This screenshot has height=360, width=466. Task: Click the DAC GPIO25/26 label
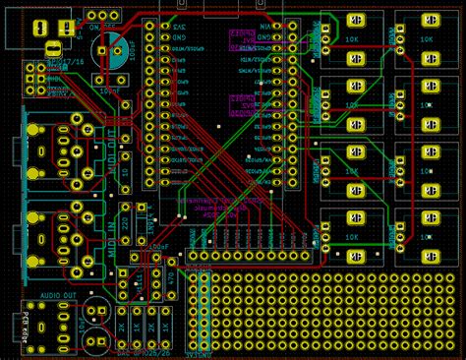[x=138, y=351]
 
